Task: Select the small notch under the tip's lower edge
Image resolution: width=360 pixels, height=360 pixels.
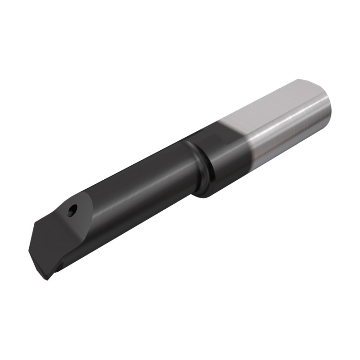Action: click(60, 267)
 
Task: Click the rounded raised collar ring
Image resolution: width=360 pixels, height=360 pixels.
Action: click(197, 164)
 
